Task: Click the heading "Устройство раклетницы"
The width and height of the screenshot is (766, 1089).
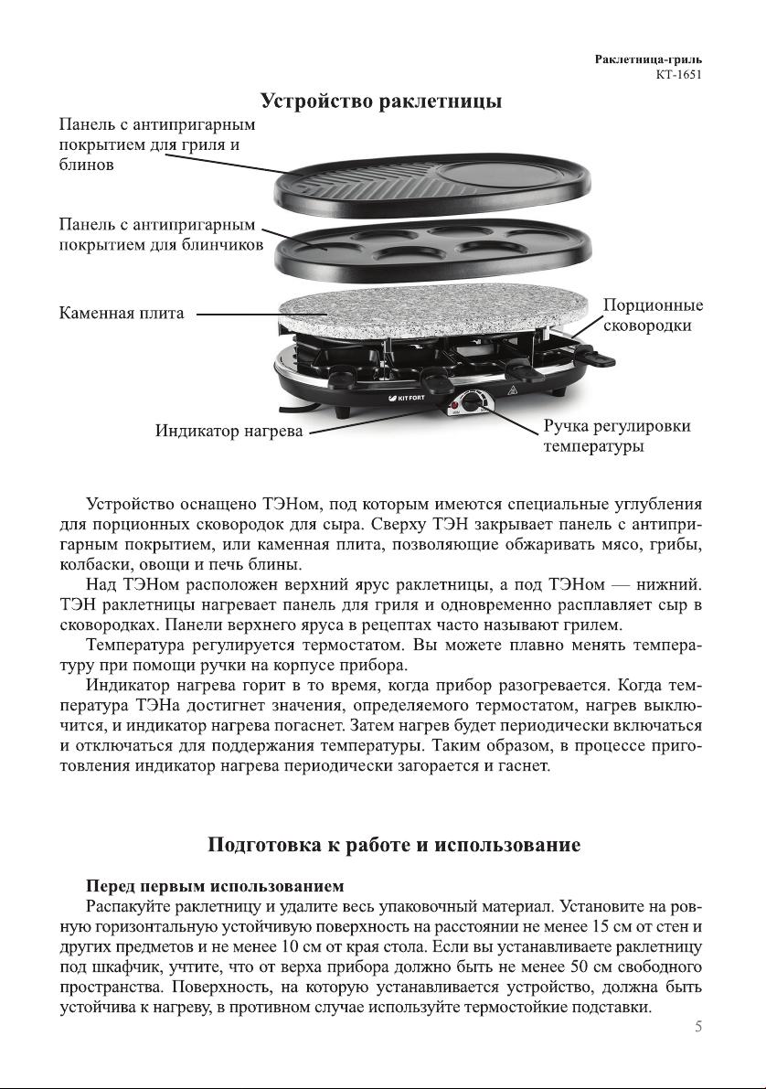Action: [381, 100]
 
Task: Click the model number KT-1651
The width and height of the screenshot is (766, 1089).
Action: [679, 75]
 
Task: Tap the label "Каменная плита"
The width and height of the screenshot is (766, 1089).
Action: [122, 314]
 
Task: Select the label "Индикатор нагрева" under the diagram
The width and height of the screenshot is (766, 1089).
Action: [228, 431]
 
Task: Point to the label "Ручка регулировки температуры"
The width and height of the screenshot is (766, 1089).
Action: [617, 436]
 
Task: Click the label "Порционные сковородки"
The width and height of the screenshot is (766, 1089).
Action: [653, 315]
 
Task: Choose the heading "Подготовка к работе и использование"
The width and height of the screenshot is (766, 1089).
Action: [394, 844]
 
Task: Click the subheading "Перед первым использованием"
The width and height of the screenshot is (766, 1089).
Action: [215, 886]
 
